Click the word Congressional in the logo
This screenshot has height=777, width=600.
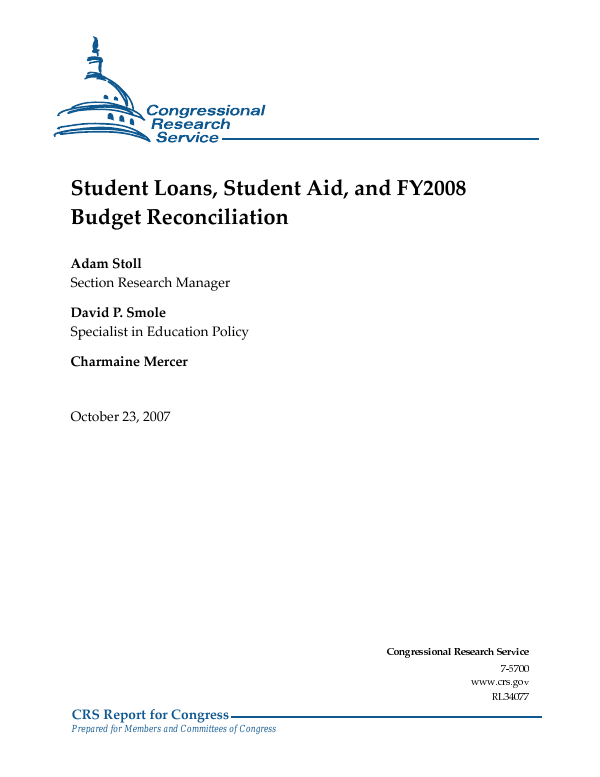pos(205,110)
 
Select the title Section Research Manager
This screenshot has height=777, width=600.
pos(150,283)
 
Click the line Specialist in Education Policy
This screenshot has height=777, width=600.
pos(159,331)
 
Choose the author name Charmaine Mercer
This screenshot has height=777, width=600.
pos(129,361)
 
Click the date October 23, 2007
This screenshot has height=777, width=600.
pos(120,415)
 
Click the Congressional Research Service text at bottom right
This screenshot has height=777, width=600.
pos(457,651)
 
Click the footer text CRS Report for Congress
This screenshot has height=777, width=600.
pos(150,714)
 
